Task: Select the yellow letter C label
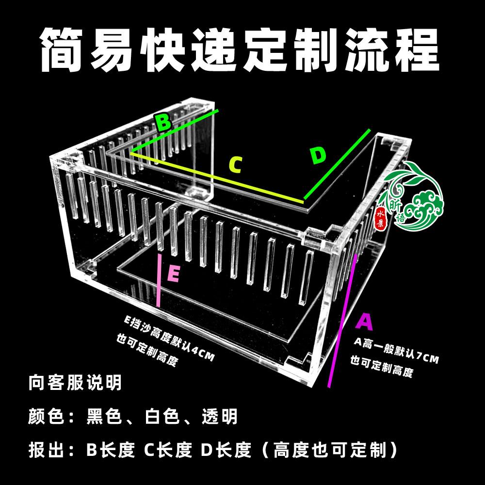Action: click(235, 165)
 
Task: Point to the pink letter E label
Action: click(173, 275)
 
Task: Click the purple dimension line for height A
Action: click(343, 320)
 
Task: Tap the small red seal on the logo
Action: click(380, 216)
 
